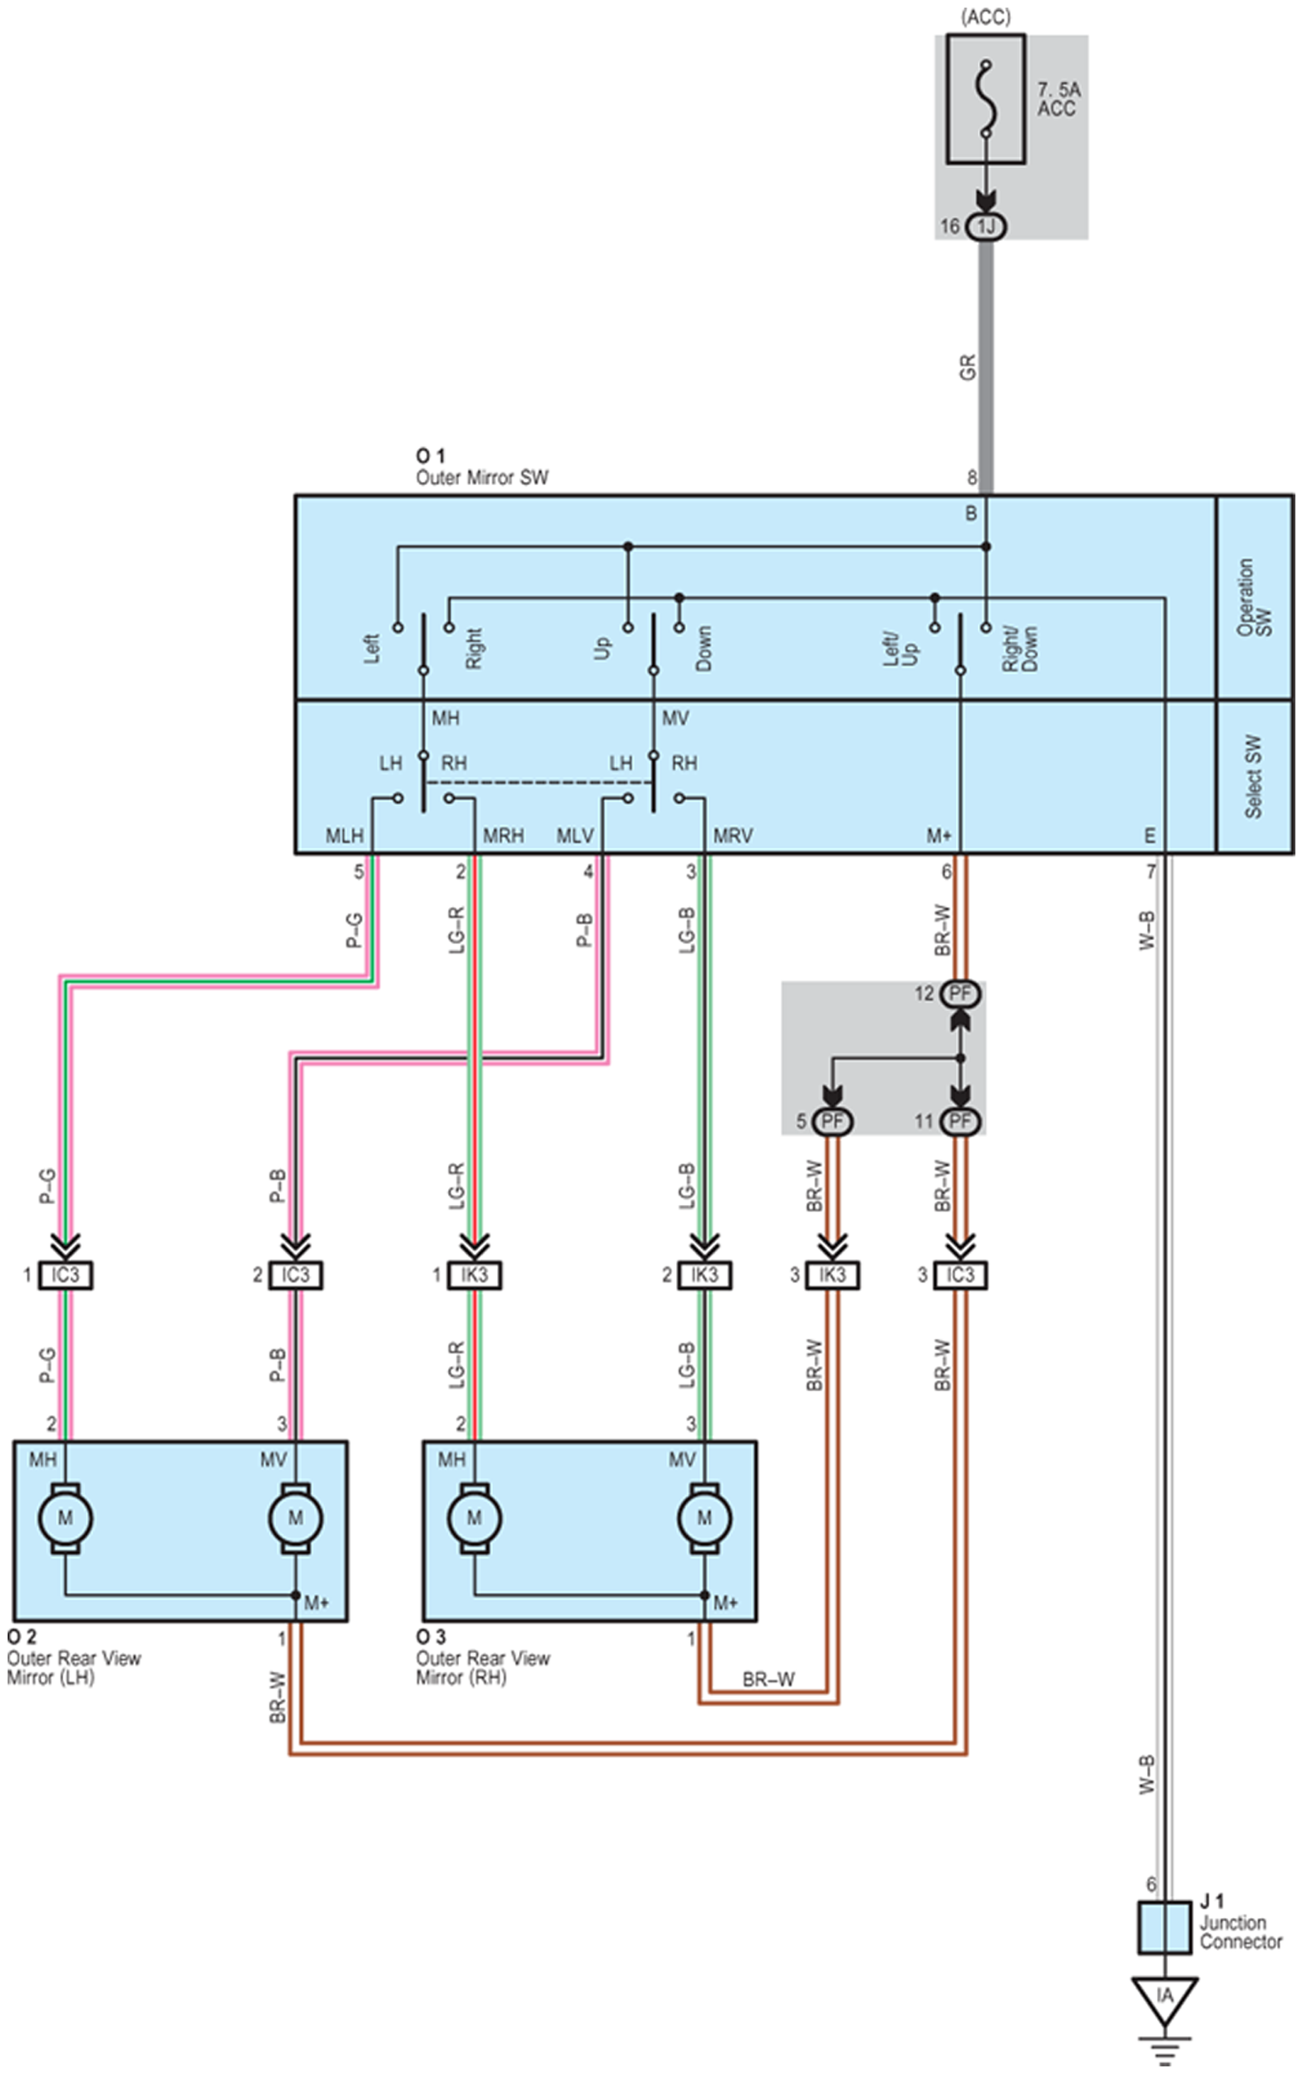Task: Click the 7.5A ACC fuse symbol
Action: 985,99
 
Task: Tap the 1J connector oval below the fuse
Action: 986,226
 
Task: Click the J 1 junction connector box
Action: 1165,1927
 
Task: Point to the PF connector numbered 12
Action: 960,994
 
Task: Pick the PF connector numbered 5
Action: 832,1121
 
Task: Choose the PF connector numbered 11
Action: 960,1121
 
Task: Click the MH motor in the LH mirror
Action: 66,1518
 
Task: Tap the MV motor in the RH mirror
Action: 705,1518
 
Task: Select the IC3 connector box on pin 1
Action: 66,1275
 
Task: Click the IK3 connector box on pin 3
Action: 832,1275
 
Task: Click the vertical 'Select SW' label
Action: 1253,776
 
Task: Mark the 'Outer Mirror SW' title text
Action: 482,478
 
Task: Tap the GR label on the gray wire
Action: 968,368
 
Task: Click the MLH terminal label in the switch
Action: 344,835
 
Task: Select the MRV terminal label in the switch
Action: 733,835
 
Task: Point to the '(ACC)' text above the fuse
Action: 986,16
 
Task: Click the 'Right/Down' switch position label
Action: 1019,648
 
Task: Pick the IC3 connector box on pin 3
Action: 960,1275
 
